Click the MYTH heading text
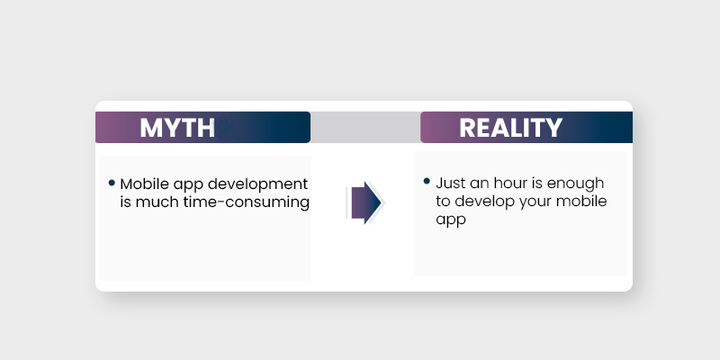click(177, 128)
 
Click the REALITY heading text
click(510, 128)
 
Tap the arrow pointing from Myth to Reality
click(364, 202)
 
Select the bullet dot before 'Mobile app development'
click(112, 183)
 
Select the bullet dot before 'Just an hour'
click(427, 182)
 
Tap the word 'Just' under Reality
click(451, 184)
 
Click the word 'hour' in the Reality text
click(511, 184)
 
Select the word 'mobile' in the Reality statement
click(581, 201)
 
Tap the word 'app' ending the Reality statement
click(450, 220)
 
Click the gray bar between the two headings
click(365, 128)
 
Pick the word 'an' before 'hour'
click(481, 184)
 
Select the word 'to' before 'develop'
click(443, 202)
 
